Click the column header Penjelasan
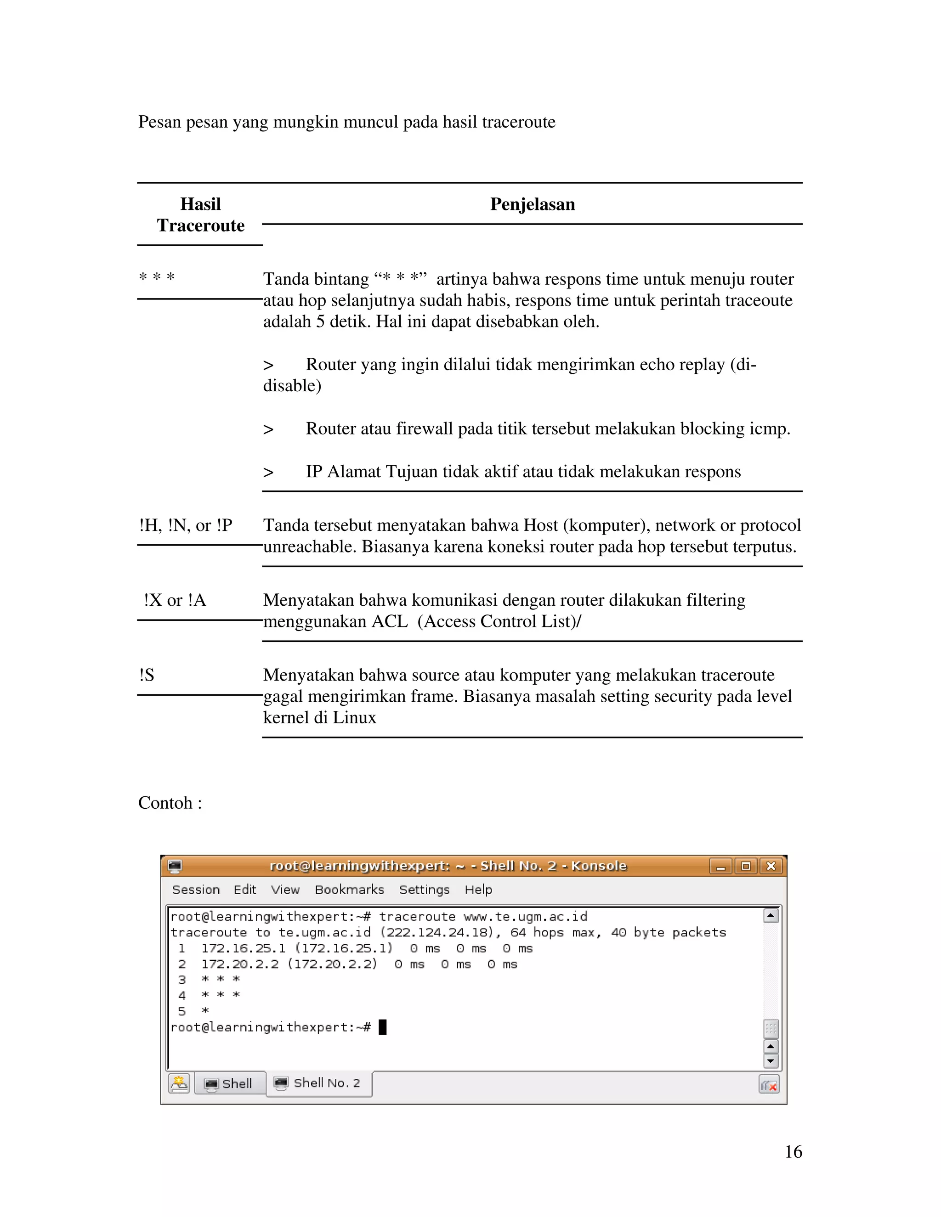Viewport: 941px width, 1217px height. pyautogui.click(x=533, y=204)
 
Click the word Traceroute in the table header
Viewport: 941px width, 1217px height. pyautogui.click(x=201, y=225)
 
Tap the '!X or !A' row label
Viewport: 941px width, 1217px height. pyautogui.click(x=175, y=600)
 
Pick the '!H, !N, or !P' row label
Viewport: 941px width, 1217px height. pyautogui.click(x=186, y=525)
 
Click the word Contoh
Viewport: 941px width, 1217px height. pyautogui.click(x=165, y=803)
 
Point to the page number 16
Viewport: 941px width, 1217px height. pyautogui.click(x=793, y=1152)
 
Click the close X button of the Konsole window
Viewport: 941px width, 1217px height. pyautogui.click(x=771, y=866)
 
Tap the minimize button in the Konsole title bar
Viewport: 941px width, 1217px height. pyautogui.click(x=721, y=866)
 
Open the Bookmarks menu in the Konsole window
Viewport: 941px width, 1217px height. pyautogui.click(x=349, y=890)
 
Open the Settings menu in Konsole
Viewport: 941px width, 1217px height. pyautogui.click(x=424, y=890)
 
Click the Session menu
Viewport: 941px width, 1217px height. pyautogui.click(x=196, y=890)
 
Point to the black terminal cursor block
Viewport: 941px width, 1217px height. pyautogui.click(x=382, y=1027)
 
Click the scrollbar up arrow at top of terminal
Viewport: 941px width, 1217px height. pyautogui.click(x=771, y=916)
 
